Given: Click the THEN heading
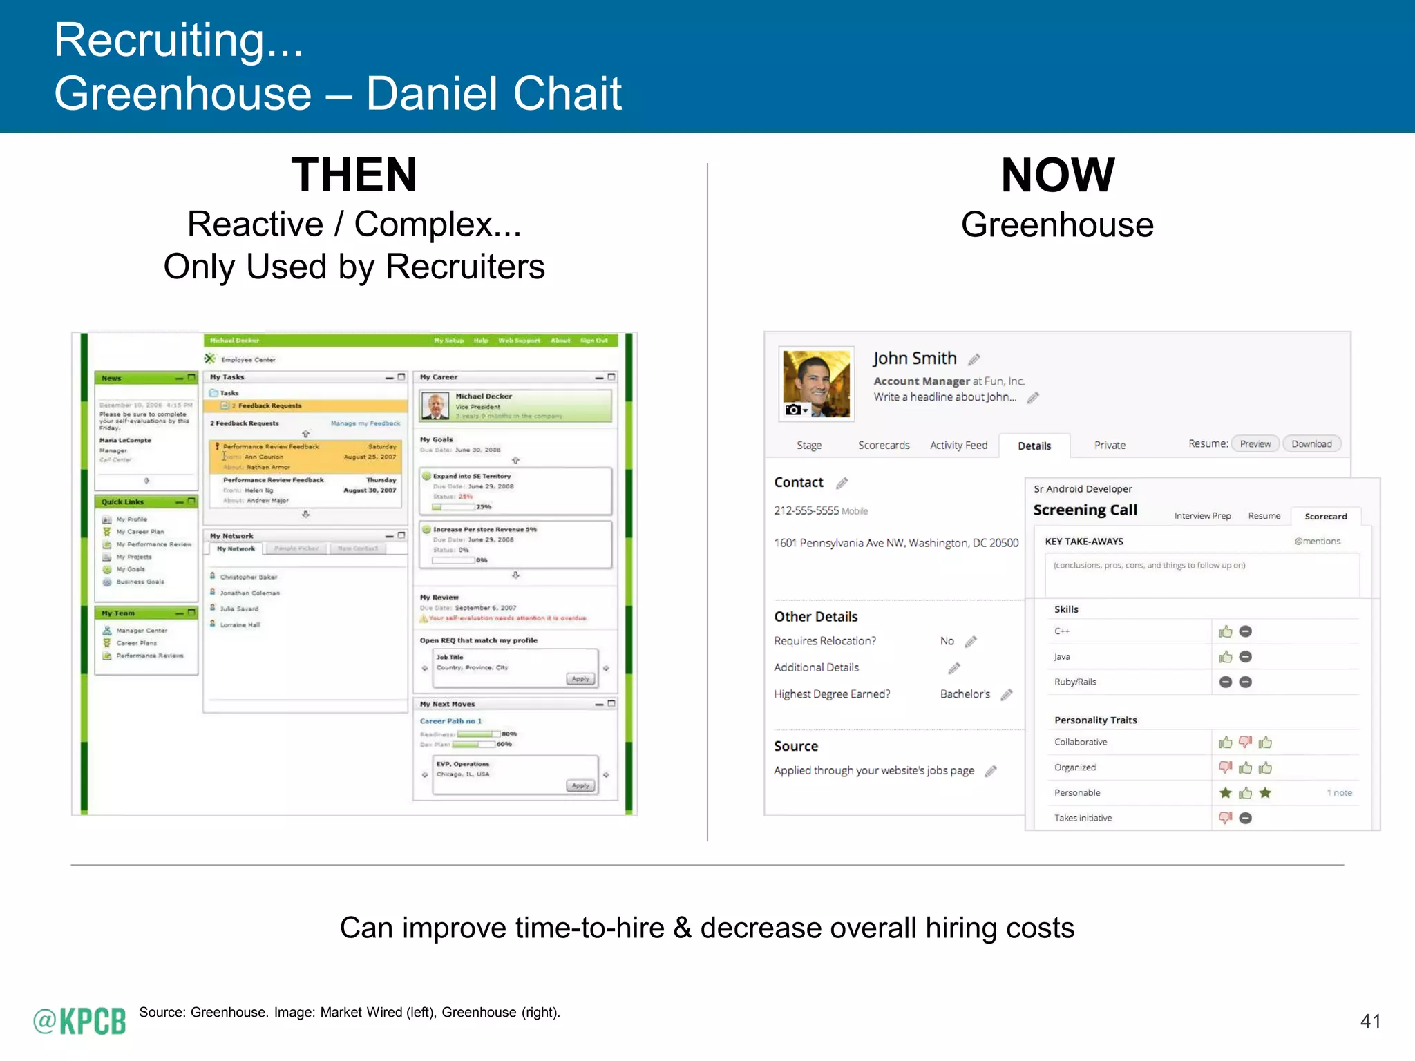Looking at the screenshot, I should pyautogui.click(x=354, y=175).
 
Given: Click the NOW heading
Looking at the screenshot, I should pyautogui.click(x=1057, y=175).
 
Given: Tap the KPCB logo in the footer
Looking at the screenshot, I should pyautogui.click(x=80, y=1021).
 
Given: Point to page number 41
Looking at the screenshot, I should pyautogui.click(x=1369, y=1021).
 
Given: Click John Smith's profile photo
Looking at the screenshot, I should pyautogui.click(x=816, y=383).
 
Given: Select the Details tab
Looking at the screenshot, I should pyautogui.click(x=1034, y=446).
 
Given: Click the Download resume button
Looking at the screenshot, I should pyautogui.click(x=1311, y=444).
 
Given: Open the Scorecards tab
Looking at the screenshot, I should pyautogui.click(x=883, y=446).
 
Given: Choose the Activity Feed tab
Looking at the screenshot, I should pyautogui.click(x=958, y=446).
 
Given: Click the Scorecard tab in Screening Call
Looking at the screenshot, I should pyautogui.click(x=1325, y=516).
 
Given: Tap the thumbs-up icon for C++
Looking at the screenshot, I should pyautogui.click(x=1225, y=631).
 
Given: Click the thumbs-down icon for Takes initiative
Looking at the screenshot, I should pyautogui.click(x=1225, y=818).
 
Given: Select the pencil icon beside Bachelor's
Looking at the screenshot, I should pyautogui.click(x=1007, y=694).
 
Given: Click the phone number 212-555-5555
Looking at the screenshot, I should pyautogui.click(x=806, y=510).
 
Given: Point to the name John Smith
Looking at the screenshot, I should pyautogui.click(x=914, y=358).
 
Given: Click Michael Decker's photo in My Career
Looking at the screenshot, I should pyautogui.click(x=435, y=406).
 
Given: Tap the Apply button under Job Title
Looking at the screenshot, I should pyautogui.click(x=580, y=679).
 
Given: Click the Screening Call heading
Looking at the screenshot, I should pyautogui.click(x=1085, y=510).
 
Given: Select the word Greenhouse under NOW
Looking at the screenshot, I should pyautogui.click(x=1057, y=225).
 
